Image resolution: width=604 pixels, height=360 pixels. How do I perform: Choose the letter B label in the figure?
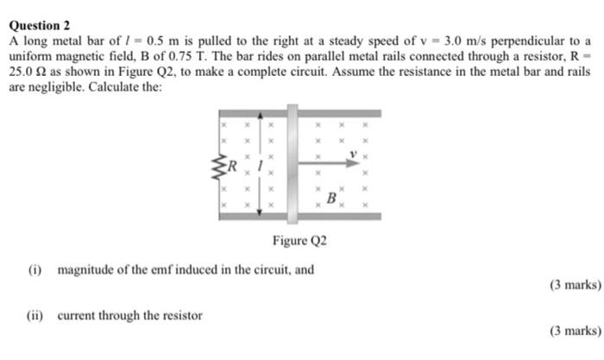[330, 199]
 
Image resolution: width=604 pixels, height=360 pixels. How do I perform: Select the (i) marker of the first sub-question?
[35, 270]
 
